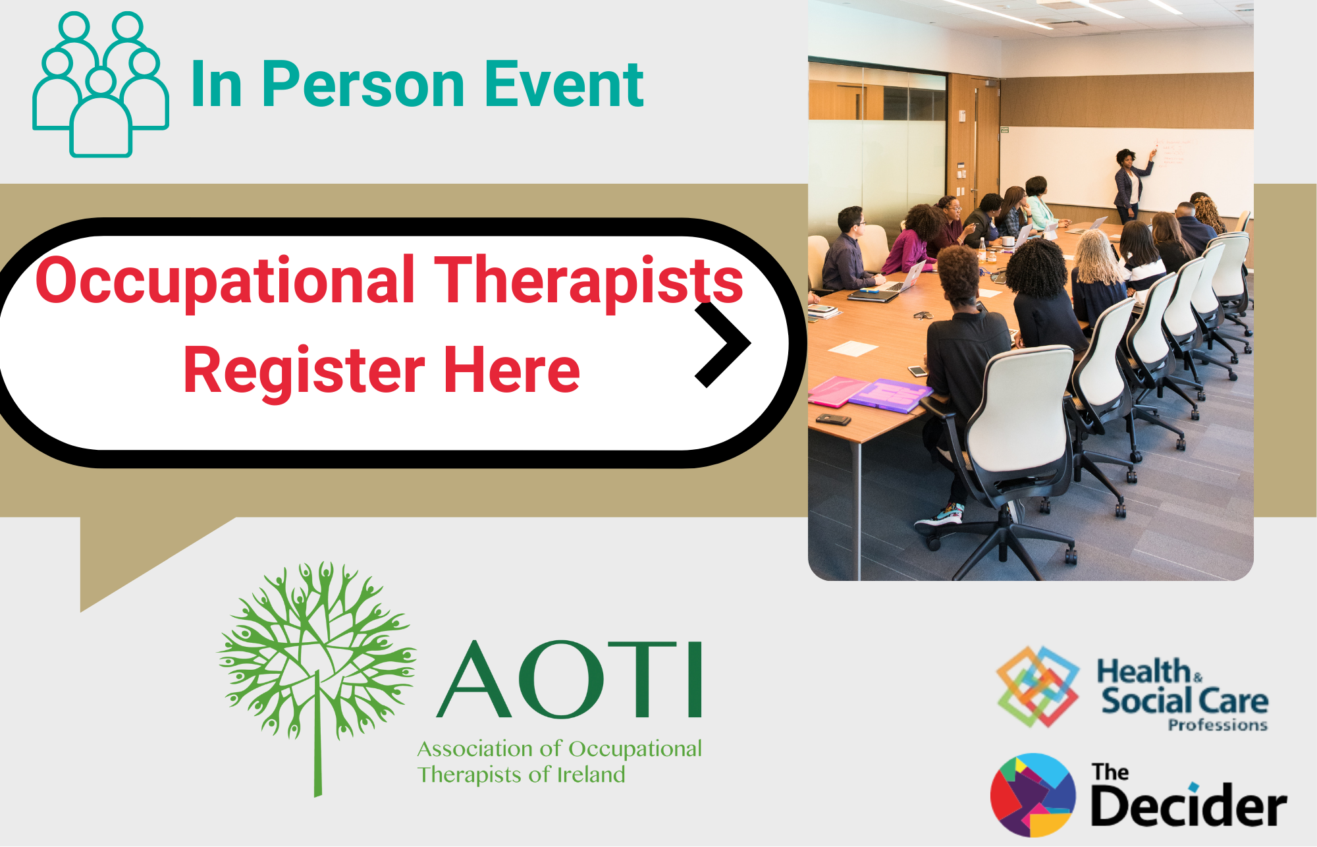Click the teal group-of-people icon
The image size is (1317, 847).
(x=101, y=84)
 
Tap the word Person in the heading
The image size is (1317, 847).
(x=363, y=85)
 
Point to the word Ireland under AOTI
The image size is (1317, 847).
(x=591, y=775)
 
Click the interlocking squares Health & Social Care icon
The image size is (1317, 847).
(x=1038, y=686)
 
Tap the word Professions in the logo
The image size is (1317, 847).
(x=1218, y=725)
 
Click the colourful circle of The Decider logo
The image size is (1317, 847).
(x=1033, y=795)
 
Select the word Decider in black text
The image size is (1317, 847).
(x=1189, y=806)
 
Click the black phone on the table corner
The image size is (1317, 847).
(x=833, y=419)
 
